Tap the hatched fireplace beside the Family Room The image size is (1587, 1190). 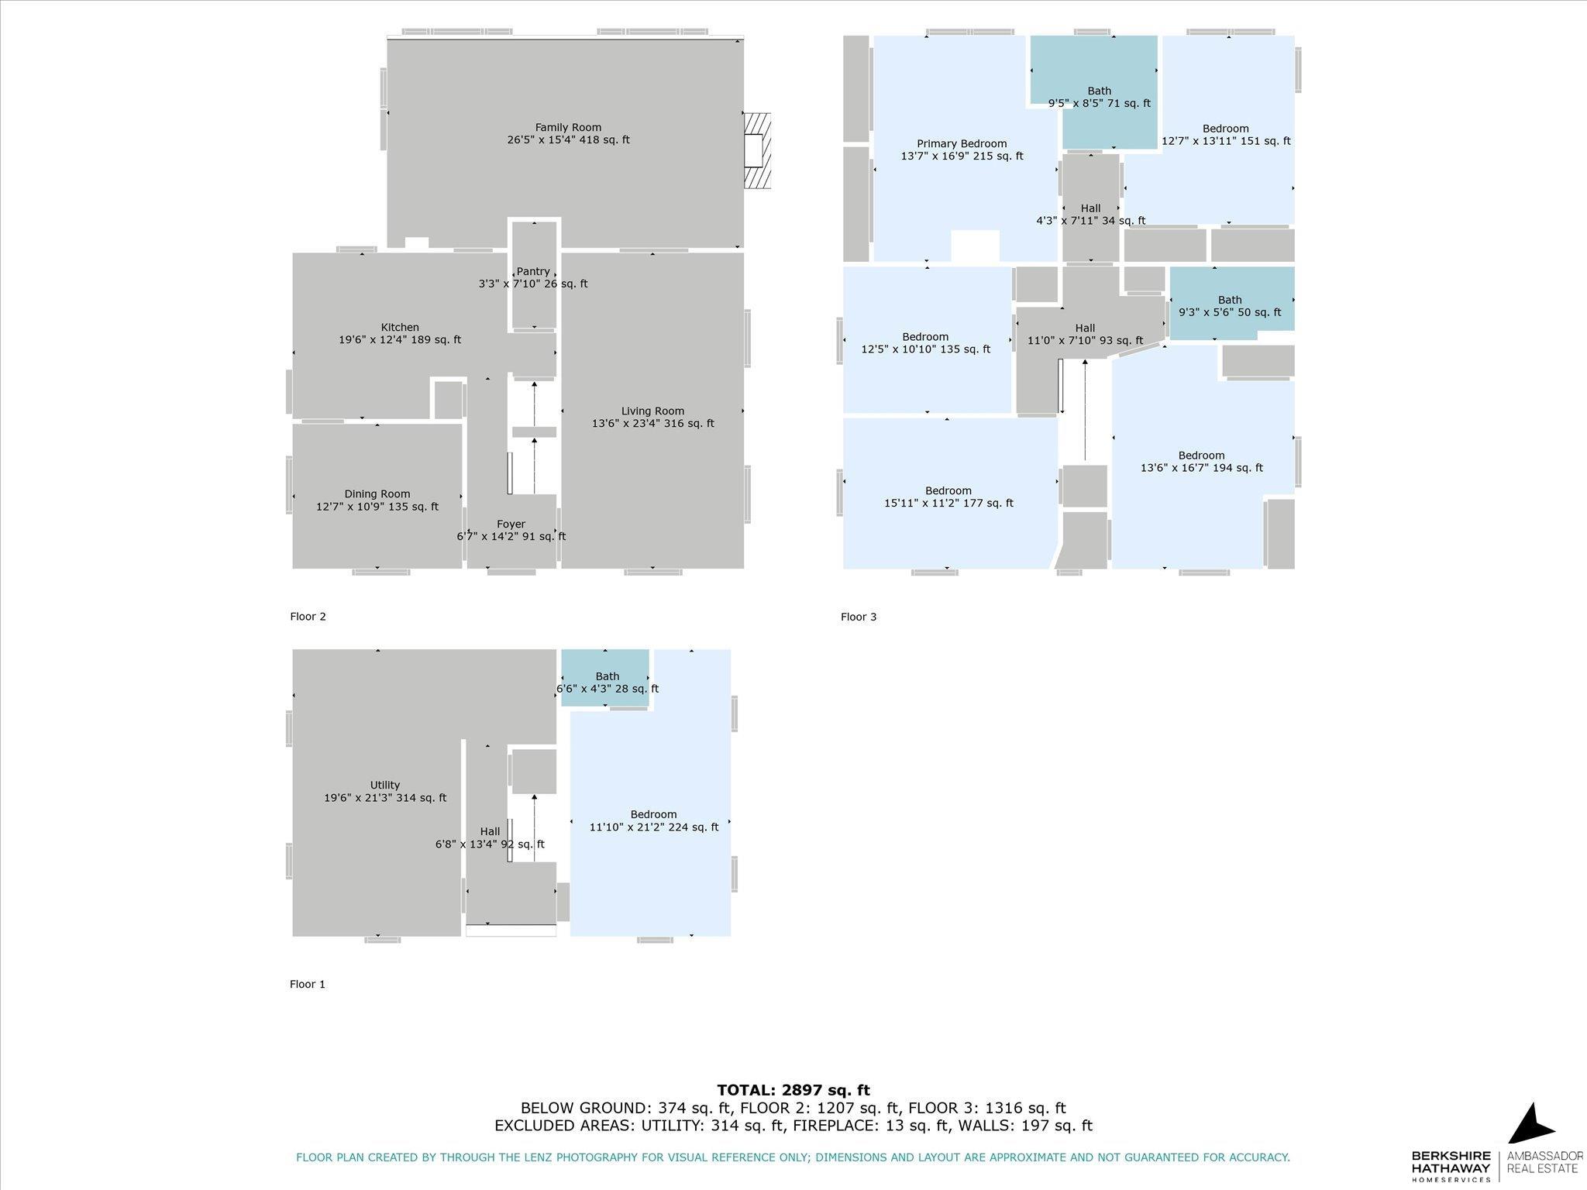[757, 150]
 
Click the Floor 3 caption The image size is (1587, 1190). [859, 617]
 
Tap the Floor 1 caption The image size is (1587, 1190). [308, 985]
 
